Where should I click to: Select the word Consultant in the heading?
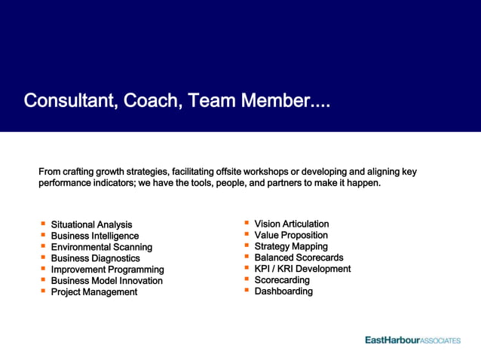point(68,100)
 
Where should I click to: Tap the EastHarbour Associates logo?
point(412,340)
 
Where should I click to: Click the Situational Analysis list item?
point(91,224)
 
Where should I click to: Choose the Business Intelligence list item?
point(95,236)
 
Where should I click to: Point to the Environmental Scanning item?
point(101,247)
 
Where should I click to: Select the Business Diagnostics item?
point(95,258)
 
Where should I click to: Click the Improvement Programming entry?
point(107,270)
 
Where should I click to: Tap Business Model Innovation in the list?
point(106,281)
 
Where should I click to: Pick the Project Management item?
point(93,292)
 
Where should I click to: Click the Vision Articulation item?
point(292,224)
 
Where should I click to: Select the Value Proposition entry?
point(291,235)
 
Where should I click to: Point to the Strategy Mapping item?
point(291,246)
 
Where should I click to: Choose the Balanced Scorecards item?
point(299,258)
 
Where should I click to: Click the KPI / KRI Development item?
point(302,269)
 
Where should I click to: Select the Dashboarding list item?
point(283,291)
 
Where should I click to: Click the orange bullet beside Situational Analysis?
point(43,224)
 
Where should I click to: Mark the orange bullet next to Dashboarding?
point(247,291)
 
